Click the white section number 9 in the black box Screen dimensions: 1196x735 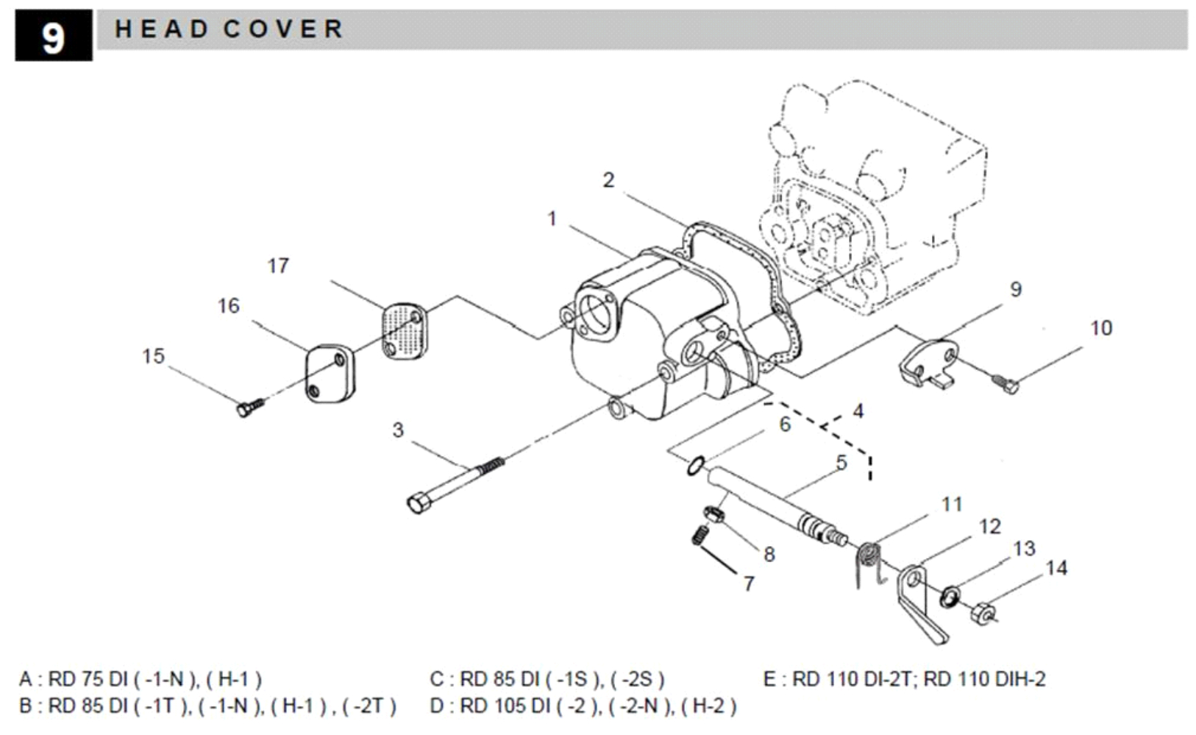coord(53,38)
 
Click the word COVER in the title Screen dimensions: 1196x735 coord(283,29)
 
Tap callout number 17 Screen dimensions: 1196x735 coord(278,266)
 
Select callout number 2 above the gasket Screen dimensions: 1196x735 coord(609,180)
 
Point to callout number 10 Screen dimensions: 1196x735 coord(1101,328)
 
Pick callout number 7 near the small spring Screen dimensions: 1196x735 coord(749,584)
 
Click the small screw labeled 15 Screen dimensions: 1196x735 coord(250,407)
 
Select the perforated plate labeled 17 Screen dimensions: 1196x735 coord(405,331)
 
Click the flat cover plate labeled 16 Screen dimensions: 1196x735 coord(330,373)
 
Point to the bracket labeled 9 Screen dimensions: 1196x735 coord(928,364)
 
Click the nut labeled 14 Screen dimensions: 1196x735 coord(983,613)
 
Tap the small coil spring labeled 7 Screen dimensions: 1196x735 coord(700,535)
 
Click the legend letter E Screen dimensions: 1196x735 coord(770,679)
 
